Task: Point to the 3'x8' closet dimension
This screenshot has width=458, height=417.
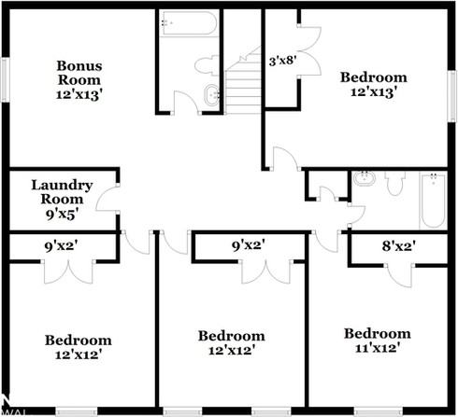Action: (281, 63)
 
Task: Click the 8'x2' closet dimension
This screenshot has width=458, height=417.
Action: (399, 246)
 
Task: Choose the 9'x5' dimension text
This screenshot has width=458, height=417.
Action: (63, 213)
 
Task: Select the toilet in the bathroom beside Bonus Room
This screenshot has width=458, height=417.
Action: (207, 67)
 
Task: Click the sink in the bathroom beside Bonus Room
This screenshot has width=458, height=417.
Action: (212, 93)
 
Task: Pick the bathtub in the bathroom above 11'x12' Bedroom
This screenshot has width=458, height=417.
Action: (432, 201)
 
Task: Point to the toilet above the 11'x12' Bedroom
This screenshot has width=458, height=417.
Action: (394, 183)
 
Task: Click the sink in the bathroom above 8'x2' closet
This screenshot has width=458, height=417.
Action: (365, 179)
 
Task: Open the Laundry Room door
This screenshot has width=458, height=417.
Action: (110, 199)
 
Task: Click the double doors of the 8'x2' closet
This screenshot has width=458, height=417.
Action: (399, 271)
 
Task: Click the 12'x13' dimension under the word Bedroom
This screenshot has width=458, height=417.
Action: (373, 92)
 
